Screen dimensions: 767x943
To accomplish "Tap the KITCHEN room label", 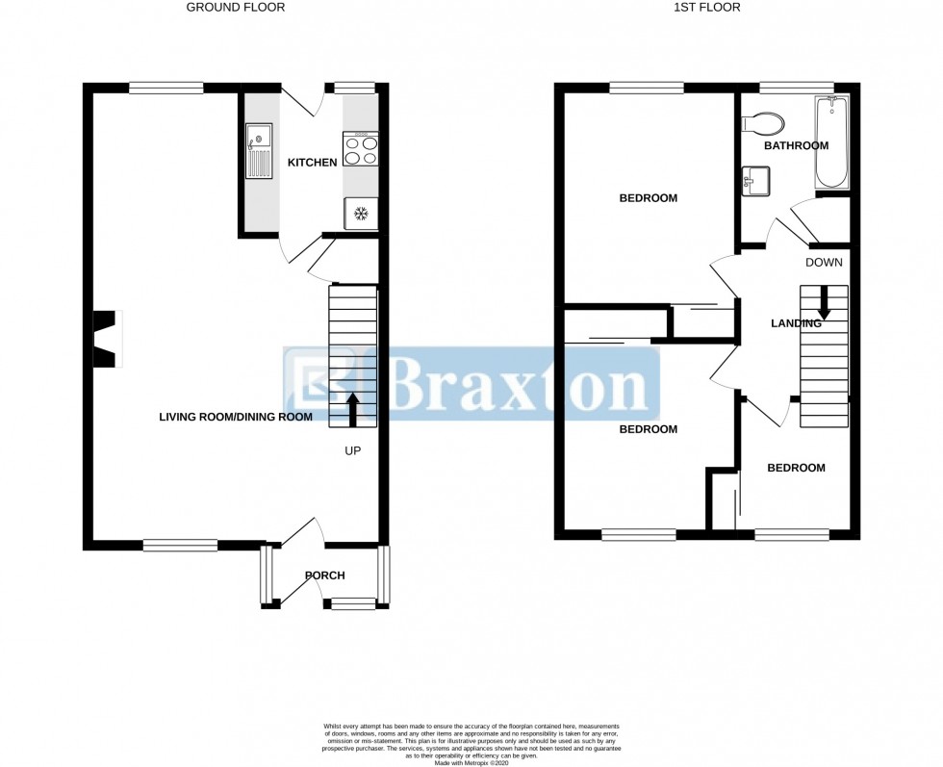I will (x=313, y=163).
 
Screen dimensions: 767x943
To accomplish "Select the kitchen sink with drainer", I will (x=259, y=151).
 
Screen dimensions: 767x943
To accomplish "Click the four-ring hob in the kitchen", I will (x=361, y=149).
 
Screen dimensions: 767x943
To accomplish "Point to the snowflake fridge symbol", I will (x=361, y=213).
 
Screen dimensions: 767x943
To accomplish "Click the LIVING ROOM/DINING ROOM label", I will (x=236, y=418).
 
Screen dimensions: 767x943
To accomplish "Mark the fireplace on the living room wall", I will (x=105, y=339).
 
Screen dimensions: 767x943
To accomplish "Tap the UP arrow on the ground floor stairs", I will (x=352, y=408).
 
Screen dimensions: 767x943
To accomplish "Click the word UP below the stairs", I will (x=352, y=450).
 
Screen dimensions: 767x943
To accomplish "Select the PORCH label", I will (x=324, y=575).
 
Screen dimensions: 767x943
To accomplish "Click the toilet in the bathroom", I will (x=765, y=122).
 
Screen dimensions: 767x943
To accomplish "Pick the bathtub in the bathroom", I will (x=830, y=142).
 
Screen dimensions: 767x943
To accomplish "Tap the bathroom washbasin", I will (x=756, y=180).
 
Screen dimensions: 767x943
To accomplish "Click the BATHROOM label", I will (x=796, y=146).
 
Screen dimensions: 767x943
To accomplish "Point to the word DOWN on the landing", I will (x=824, y=262).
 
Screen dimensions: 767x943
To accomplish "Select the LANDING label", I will (x=796, y=323).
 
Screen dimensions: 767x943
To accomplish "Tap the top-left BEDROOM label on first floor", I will (x=648, y=198).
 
